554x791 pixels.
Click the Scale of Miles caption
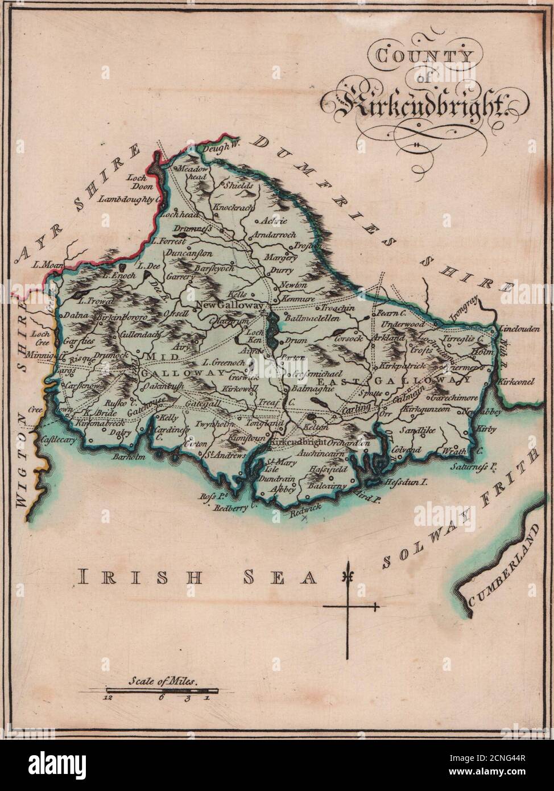tap(162, 679)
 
